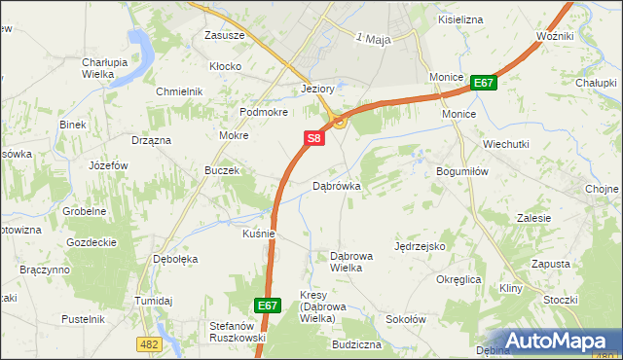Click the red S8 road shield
[x=313, y=140]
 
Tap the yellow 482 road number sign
[x=148, y=343]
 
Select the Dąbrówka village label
[x=337, y=186]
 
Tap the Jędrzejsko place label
[x=420, y=247]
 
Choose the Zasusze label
[x=224, y=35]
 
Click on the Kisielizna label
[x=460, y=18]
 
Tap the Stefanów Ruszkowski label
[x=238, y=333]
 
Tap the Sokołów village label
[x=406, y=318]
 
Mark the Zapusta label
[x=551, y=264]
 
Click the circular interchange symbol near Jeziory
[x=339, y=122]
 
